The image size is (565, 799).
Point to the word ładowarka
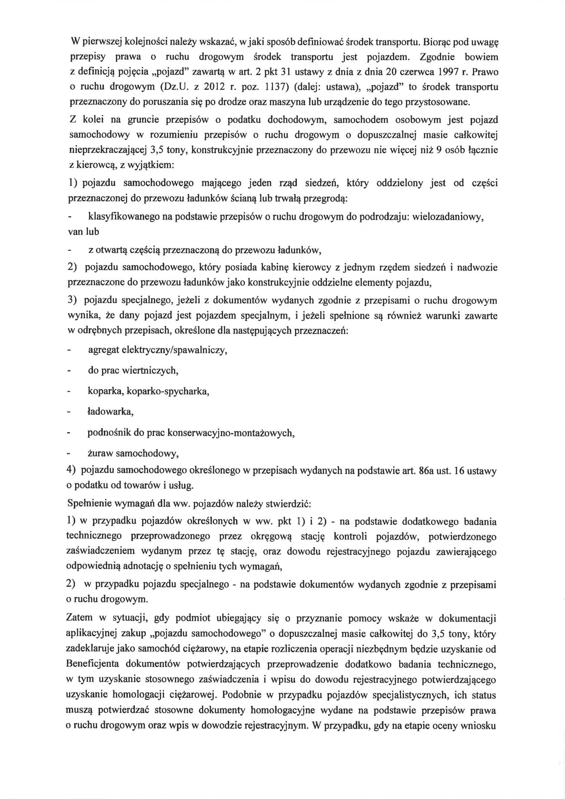(x=110, y=412)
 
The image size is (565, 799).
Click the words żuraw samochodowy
(x=133, y=453)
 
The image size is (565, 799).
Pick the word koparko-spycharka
(x=168, y=391)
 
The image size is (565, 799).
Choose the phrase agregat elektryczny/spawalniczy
(x=157, y=350)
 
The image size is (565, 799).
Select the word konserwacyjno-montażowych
(x=231, y=433)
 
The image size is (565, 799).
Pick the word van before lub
(x=74, y=232)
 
